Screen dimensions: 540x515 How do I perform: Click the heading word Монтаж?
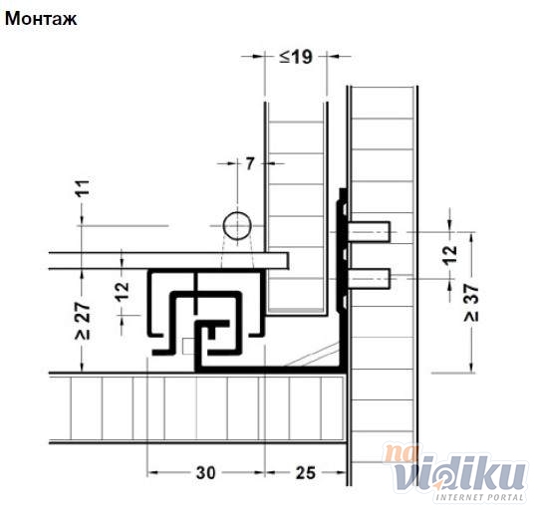[x=41, y=19]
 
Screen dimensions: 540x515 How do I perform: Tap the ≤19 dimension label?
[x=296, y=57]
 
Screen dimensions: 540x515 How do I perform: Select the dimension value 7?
[x=250, y=163]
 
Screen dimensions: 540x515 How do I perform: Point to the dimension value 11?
[x=83, y=188]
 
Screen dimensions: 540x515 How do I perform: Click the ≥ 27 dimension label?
[x=83, y=321]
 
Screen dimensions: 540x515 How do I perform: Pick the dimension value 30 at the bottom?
[x=205, y=472]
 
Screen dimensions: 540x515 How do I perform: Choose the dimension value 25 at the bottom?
[x=306, y=472]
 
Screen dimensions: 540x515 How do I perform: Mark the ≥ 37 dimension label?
[x=471, y=303]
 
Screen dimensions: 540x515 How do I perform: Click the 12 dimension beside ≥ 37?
[x=449, y=255]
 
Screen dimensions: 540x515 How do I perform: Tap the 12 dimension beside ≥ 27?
[x=122, y=292]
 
